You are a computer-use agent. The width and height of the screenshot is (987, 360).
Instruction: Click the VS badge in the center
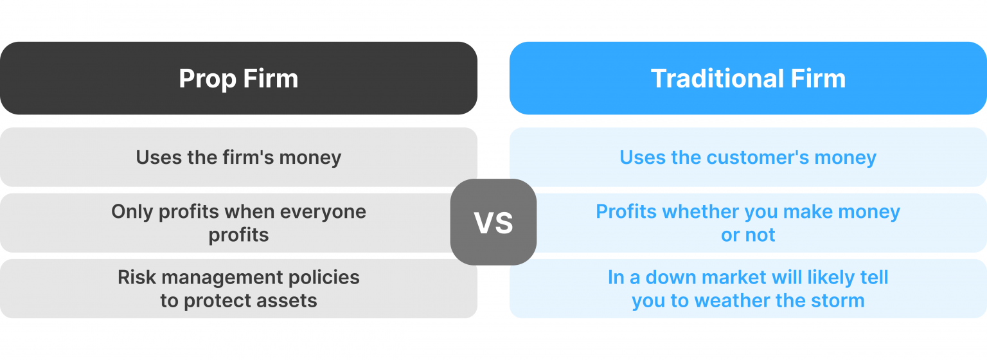[493, 222]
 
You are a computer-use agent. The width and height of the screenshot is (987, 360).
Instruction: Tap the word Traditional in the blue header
[715, 79]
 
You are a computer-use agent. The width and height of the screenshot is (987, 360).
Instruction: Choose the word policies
[321, 277]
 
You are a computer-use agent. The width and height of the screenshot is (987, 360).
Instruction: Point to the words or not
[748, 235]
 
